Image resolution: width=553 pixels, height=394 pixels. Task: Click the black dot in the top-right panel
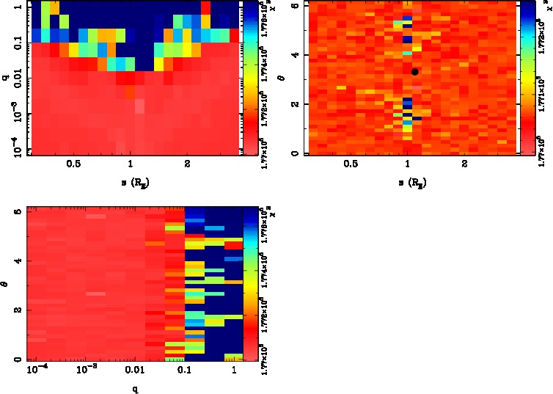pyautogui.click(x=415, y=71)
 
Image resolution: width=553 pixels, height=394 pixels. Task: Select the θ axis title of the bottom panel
pyautogui.click(x=7, y=281)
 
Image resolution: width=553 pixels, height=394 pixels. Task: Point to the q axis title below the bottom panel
pyautogui.click(x=136, y=388)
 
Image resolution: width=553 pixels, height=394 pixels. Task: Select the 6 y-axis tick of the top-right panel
pyautogui.click(x=300, y=6)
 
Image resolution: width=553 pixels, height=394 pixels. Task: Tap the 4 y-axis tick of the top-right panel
pyautogui.click(x=300, y=55)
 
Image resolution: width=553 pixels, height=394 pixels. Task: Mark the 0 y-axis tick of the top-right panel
pyautogui.click(x=300, y=153)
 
